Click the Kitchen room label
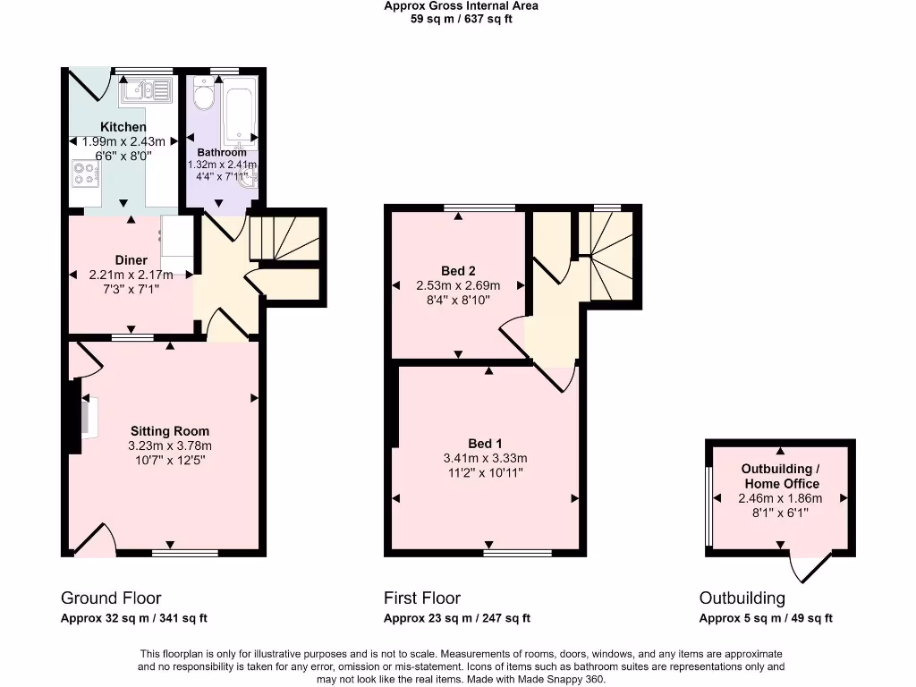pos(123,127)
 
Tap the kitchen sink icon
pos(148,89)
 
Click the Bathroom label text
pos(222,152)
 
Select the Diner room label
pos(131,260)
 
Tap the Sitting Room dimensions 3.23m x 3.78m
pos(170,445)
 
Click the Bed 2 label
pos(458,270)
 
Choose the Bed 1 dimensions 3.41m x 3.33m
pos(485,458)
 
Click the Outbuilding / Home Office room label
pos(780,476)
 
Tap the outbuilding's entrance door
pos(810,566)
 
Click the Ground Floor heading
pos(111,598)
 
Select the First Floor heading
pos(422,598)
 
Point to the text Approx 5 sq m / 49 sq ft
pos(766,618)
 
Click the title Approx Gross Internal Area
pos(461,5)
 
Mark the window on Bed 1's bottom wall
pos(518,553)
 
